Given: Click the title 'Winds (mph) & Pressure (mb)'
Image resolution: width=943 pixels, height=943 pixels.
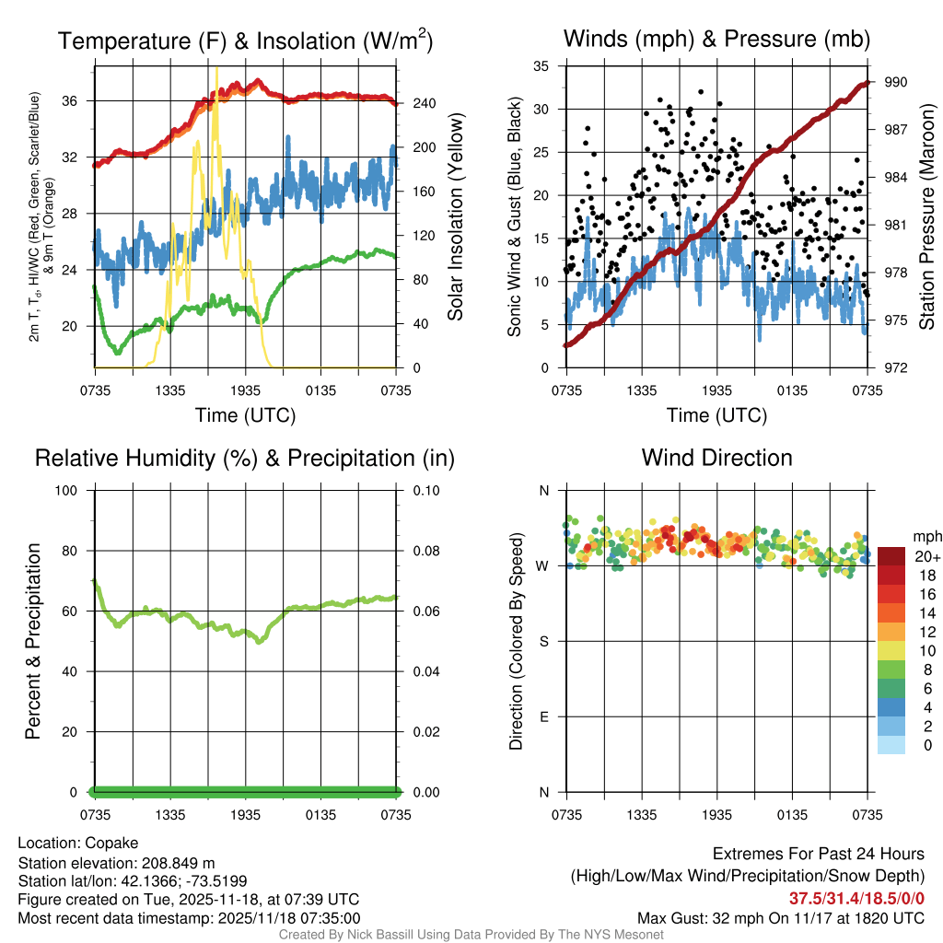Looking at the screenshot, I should pos(716,40).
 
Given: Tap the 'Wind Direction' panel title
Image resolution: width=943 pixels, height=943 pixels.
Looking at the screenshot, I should pos(716,458).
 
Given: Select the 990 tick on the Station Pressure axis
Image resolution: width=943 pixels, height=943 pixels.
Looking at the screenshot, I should pos(897,82).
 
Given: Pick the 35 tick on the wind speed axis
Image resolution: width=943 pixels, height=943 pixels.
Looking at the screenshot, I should pos(541,66).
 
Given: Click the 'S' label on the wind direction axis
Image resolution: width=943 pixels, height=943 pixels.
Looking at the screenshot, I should pos(543,641).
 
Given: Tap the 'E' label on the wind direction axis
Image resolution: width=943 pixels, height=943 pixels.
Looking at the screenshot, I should pos(543,716).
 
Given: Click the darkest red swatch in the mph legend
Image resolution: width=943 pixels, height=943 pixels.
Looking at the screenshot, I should pos(891,556).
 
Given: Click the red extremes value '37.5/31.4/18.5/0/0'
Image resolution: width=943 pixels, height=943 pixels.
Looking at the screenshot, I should pos(856,898).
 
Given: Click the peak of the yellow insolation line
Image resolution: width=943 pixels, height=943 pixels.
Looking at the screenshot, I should pos(217,68).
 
